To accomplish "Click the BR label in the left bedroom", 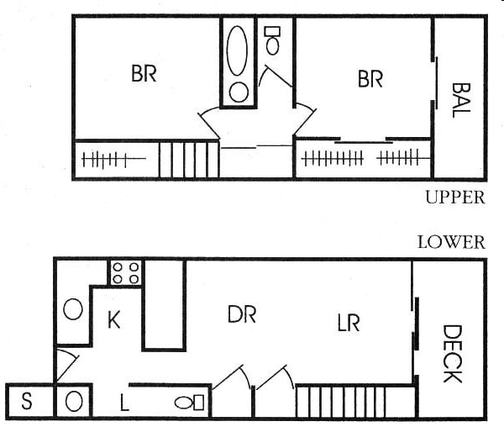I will click(x=144, y=73).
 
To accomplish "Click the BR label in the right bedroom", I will click(x=370, y=79).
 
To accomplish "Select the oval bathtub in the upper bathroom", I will click(x=239, y=50).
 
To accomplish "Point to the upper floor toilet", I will click(x=272, y=40).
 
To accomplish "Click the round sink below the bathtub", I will click(x=239, y=92).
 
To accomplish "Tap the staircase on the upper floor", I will click(x=189, y=160).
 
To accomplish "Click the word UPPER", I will click(x=454, y=198).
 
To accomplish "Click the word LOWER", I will click(x=451, y=243).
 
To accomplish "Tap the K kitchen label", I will click(x=116, y=319).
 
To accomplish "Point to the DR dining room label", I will click(x=241, y=314).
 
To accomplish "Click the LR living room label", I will click(x=348, y=322).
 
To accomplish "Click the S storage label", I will click(x=26, y=402).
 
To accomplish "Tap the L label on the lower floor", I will click(x=123, y=404).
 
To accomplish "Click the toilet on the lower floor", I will click(x=189, y=403).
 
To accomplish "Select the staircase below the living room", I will click(x=339, y=401).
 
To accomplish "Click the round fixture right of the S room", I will click(x=74, y=401).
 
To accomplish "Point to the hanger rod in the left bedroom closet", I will click(x=110, y=159).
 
